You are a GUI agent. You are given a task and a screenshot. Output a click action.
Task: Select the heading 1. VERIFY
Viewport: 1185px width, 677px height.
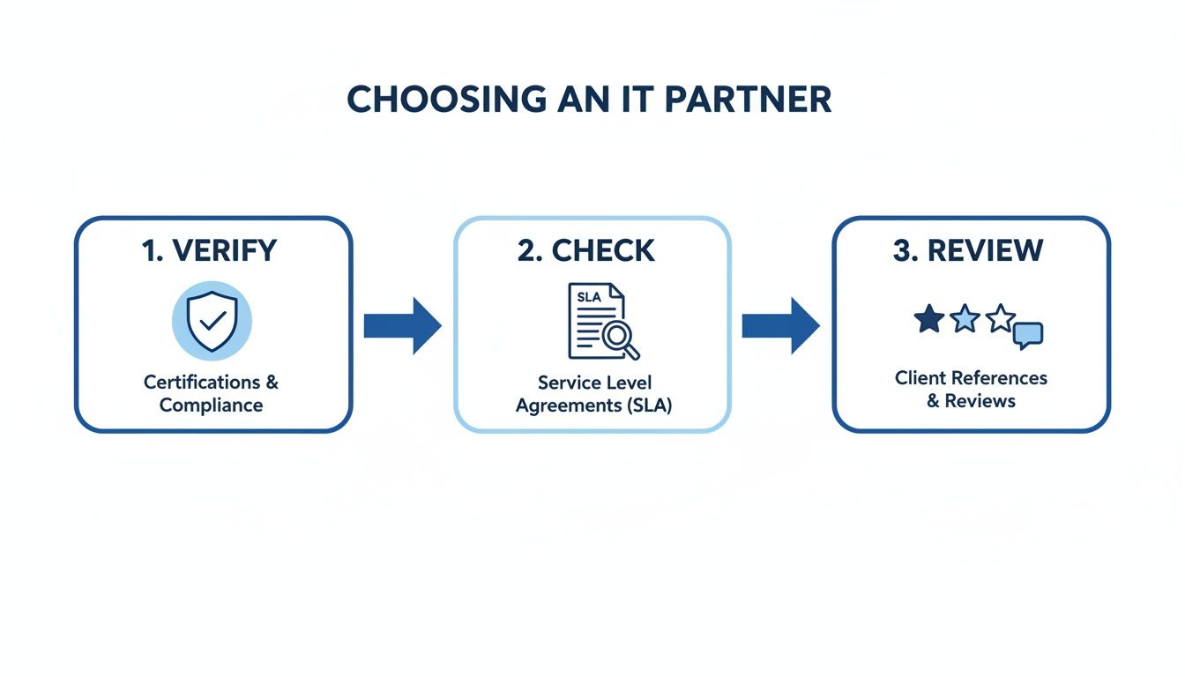pyautogui.click(x=209, y=250)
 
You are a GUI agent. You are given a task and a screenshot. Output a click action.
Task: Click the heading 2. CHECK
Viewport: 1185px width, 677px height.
pyautogui.click(x=586, y=250)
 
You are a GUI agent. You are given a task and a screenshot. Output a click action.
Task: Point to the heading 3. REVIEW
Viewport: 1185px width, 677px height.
pyautogui.click(x=967, y=250)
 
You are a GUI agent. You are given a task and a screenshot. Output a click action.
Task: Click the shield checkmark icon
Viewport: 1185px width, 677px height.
pyautogui.click(x=212, y=321)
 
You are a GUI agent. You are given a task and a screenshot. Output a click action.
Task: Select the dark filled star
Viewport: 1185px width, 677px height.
pyautogui.click(x=929, y=318)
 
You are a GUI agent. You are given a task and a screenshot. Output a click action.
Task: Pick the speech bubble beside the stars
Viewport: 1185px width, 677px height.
pyautogui.click(x=1028, y=334)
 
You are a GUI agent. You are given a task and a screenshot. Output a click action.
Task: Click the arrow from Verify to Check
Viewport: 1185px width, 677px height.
pyautogui.click(x=402, y=325)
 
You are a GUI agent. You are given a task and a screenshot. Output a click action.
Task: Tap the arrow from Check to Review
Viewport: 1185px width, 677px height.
pyautogui.click(x=780, y=325)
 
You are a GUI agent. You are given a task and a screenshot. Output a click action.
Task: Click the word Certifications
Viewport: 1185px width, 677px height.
pyautogui.click(x=202, y=383)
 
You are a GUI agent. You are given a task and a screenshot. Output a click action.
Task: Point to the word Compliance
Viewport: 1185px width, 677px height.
pyautogui.click(x=211, y=405)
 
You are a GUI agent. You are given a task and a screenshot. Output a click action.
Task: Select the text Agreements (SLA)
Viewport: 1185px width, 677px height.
pyautogui.click(x=592, y=405)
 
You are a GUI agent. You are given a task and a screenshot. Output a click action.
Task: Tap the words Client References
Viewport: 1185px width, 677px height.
pyautogui.click(x=971, y=378)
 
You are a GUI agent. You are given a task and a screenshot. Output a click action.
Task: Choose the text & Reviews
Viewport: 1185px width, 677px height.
pyautogui.click(x=971, y=401)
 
